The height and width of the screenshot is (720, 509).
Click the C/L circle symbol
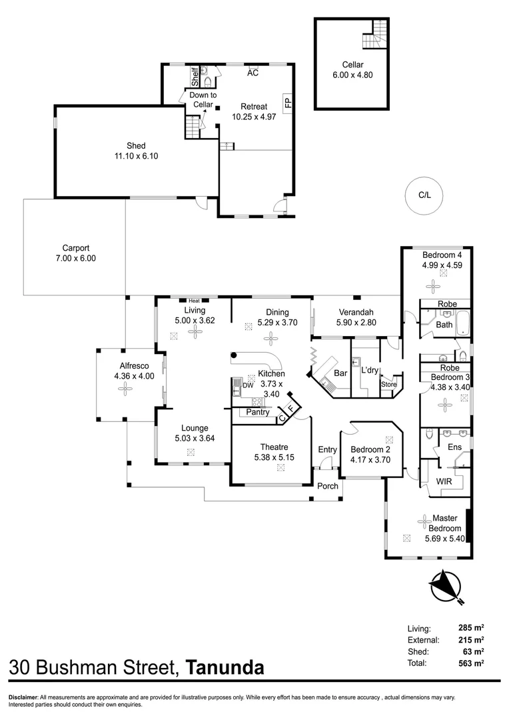[424, 195]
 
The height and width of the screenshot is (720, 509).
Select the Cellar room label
[352, 65]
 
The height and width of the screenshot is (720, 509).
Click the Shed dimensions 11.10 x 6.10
[136, 156]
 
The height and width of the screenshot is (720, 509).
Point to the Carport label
[76, 248]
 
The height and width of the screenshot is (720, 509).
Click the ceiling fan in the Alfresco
[125, 389]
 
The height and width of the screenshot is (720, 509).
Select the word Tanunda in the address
[225, 667]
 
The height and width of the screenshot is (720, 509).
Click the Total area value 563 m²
[471, 663]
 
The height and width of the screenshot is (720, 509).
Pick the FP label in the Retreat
[288, 103]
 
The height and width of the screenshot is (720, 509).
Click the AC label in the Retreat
[253, 73]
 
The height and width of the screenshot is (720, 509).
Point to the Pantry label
[257, 412]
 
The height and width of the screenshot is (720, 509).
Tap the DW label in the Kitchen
[248, 385]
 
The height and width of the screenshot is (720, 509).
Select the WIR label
[444, 482]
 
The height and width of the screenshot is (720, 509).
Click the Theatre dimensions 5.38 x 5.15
[274, 457]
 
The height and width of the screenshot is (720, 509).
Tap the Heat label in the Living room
[194, 301]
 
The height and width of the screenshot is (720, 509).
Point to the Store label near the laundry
[389, 385]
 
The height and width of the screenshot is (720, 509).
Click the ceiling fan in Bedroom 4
[433, 287]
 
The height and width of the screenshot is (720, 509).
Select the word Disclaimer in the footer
[22, 697]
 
